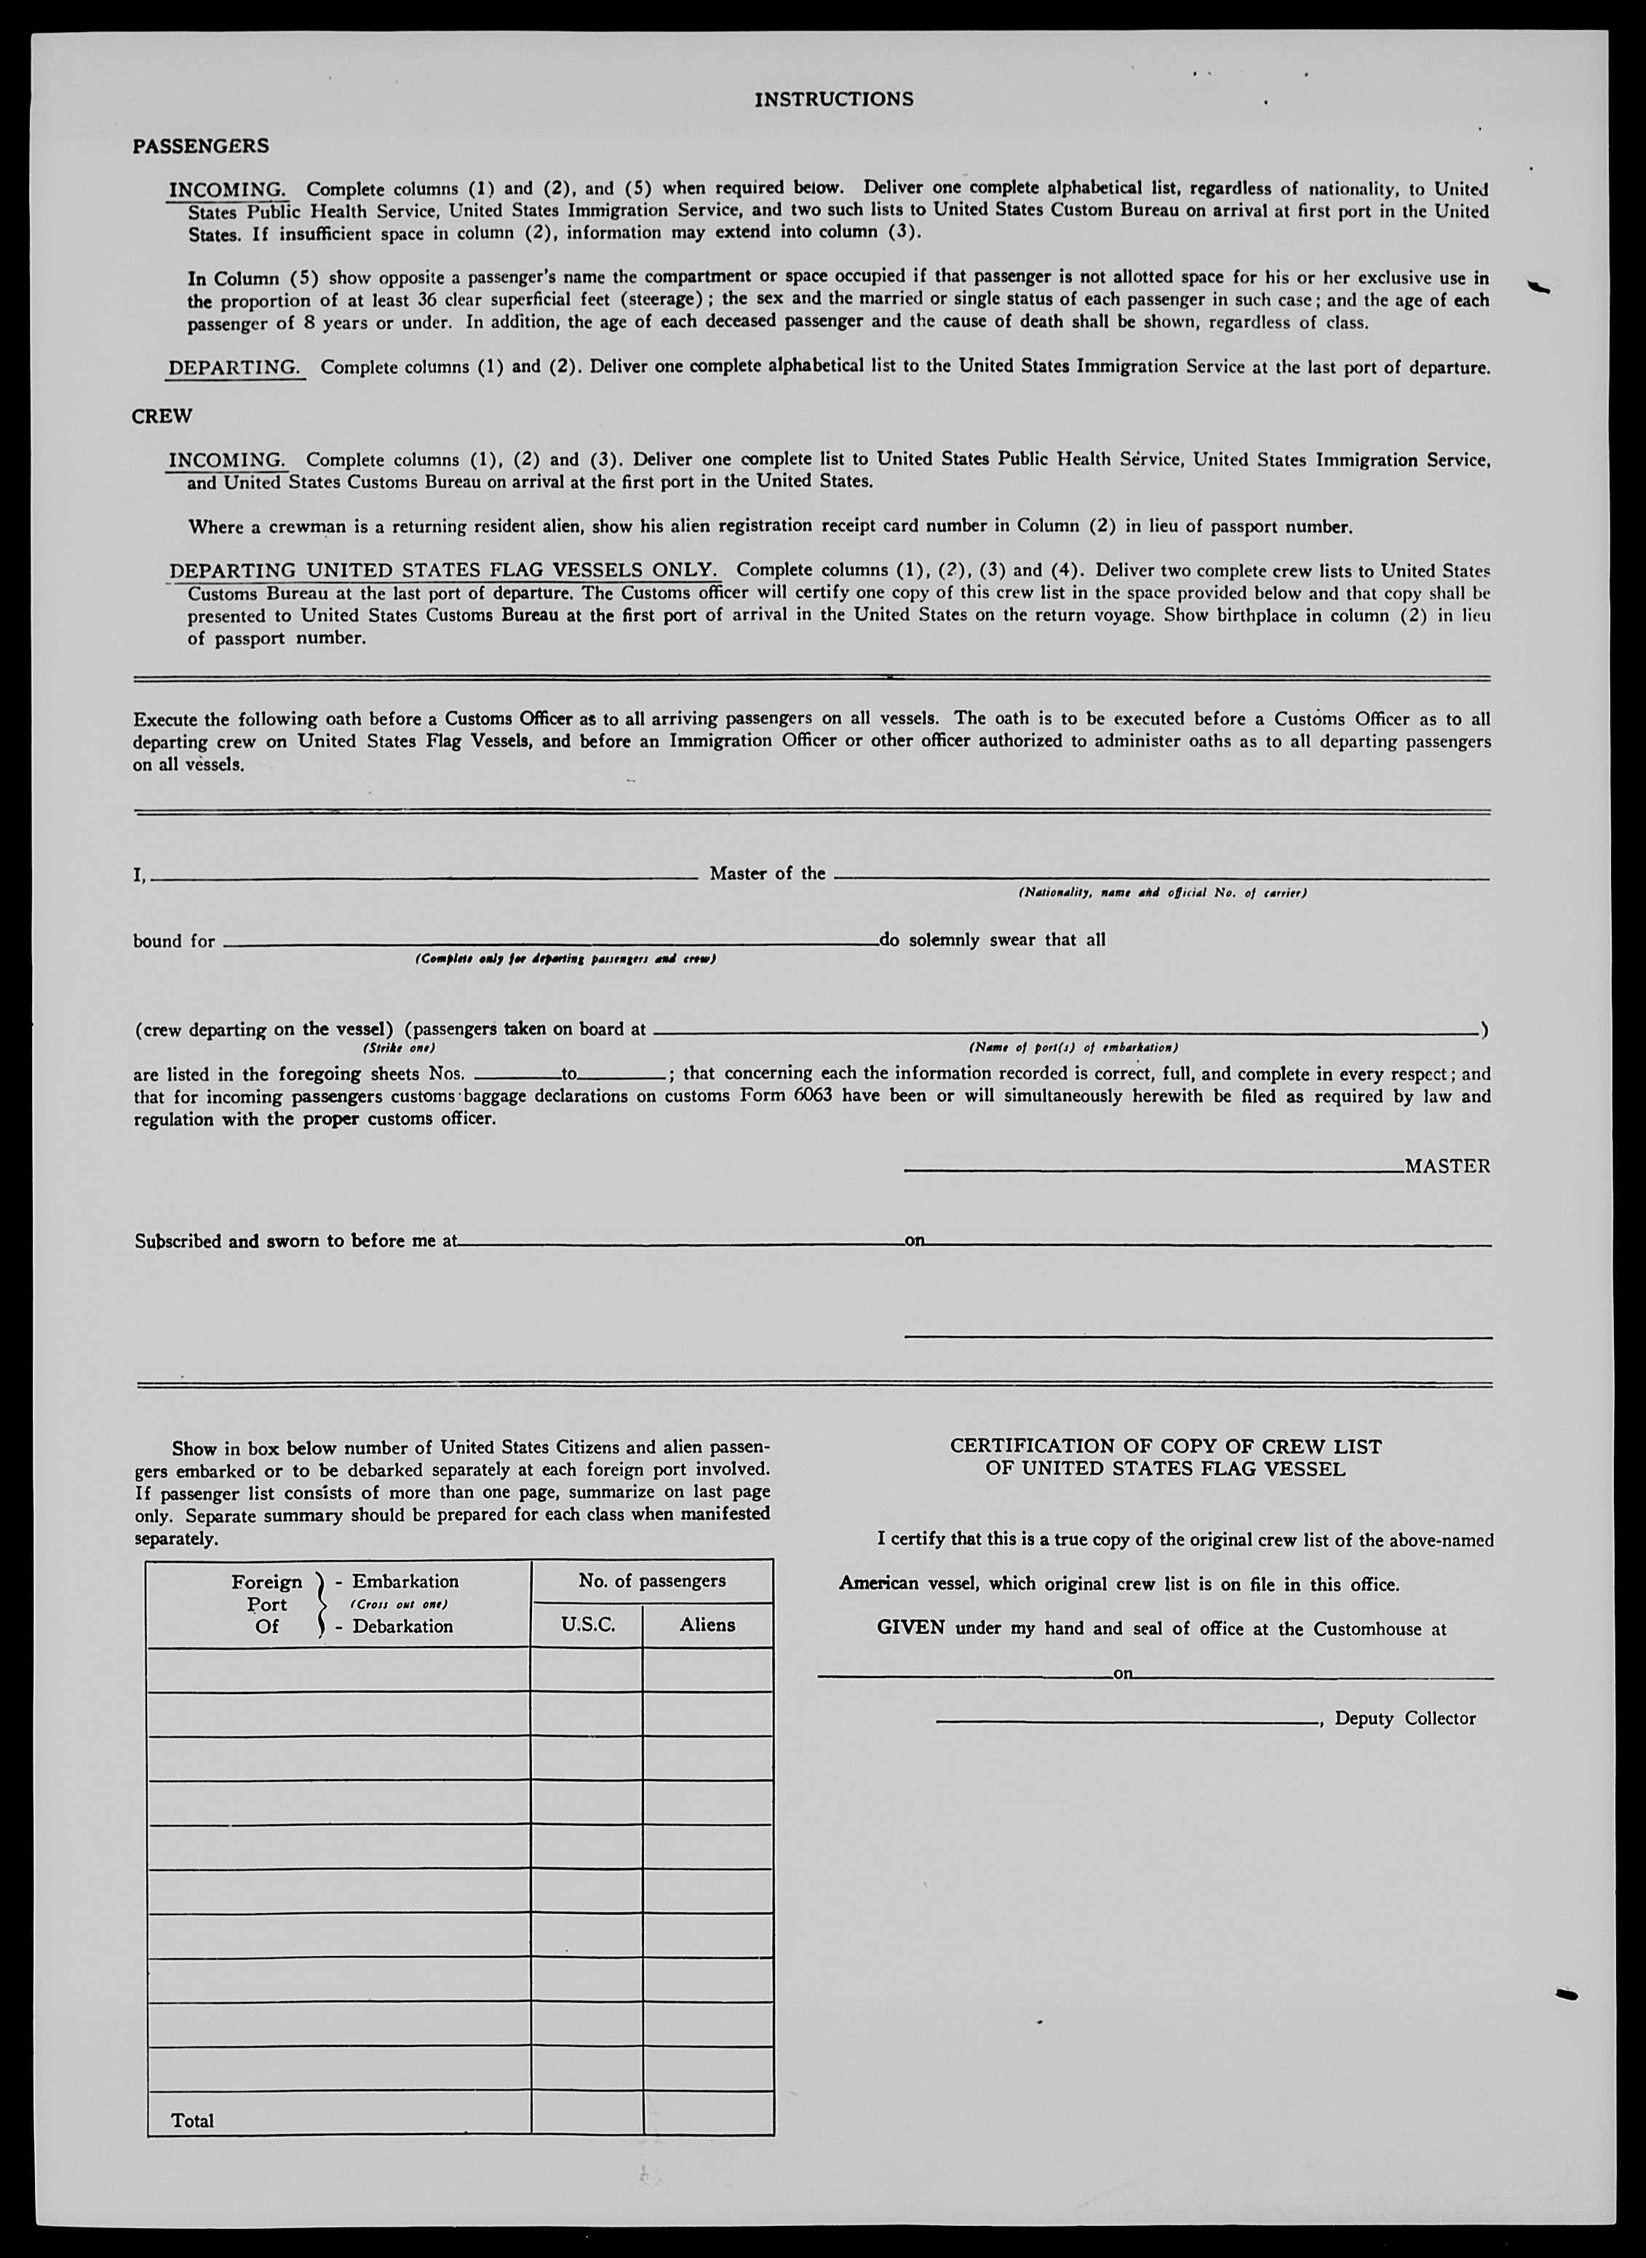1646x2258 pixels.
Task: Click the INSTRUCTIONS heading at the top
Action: [x=833, y=100]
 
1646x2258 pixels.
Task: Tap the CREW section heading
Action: [x=162, y=416]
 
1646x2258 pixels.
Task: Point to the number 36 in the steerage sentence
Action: [x=426, y=300]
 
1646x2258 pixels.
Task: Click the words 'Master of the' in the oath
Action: [x=767, y=874]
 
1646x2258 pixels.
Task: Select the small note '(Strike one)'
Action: [x=399, y=1049]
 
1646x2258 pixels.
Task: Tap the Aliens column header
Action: [x=707, y=1625]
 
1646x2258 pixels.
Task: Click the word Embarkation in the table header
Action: [x=405, y=1581]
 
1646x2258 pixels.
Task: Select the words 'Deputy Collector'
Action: [x=1405, y=1719]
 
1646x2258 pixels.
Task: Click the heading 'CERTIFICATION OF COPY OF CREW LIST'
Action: [x=1165, y=1446]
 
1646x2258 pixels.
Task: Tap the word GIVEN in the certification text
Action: [x=910, y=1629]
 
